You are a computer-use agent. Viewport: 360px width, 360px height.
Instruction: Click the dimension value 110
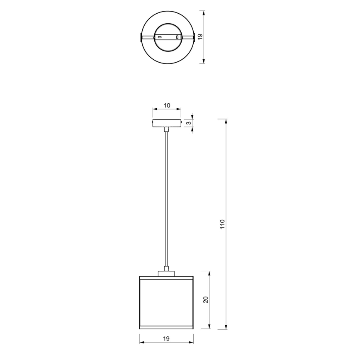coord(222,224)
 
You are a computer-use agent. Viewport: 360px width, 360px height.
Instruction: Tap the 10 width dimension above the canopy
coord(167,105)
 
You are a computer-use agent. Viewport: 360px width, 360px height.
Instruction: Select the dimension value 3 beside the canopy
coord(189,123)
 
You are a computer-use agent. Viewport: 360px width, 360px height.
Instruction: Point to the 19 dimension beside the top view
coord(200,37)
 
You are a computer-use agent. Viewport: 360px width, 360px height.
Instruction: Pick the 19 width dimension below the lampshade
coord(166,339)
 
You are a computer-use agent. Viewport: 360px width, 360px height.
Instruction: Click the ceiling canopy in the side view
coord(167,123)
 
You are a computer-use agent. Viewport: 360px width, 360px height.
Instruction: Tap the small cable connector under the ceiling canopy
coord(167,129)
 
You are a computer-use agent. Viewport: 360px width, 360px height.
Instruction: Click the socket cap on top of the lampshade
coord(167,273)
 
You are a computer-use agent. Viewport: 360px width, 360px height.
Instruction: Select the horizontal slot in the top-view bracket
coord(159,37)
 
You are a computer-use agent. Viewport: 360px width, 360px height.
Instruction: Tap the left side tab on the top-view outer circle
coord(141,37)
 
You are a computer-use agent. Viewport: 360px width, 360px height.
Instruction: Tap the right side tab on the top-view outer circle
coord(193,37)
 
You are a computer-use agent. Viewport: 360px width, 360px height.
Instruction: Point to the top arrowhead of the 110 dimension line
coord(226,122)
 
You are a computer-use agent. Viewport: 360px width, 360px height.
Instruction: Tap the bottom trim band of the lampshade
coord(167,326)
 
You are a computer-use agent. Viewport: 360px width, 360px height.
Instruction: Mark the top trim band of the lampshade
coord(167,278)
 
